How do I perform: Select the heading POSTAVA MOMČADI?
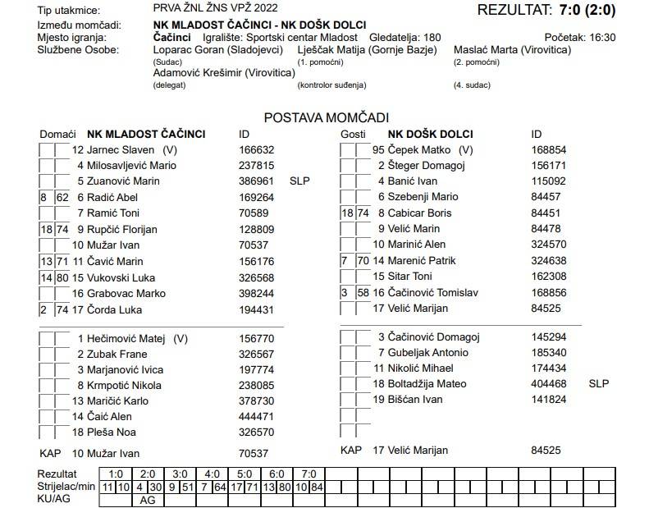[326, 117]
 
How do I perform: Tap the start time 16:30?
[599, 38]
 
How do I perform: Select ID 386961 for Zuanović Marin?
[256, 181]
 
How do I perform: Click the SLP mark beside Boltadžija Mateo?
[599, 383]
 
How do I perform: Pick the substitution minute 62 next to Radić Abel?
[62, 198]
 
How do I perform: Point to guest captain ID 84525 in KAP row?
[546, 451]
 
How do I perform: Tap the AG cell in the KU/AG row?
[148, 499]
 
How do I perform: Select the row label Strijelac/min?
[65, 487]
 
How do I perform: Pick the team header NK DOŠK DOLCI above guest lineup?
[430, 134]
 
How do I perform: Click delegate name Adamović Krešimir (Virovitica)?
[223, 73]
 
